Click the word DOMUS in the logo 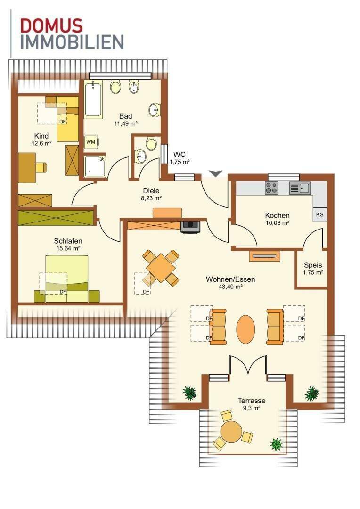click(x=51, y=25)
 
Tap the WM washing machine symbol click(x=91, y=142)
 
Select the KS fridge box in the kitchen click(x=320, y=214)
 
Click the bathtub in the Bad click(x=93, y=99)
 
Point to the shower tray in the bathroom click(x=95, y=166)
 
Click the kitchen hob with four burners click(x=271, y=188)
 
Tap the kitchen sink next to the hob click(x=300, y=188)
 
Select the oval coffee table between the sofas click(x=246, y=328)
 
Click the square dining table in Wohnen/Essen click(x=161, y=268)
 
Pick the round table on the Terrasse click(x=231, y=432)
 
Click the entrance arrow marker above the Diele click(x=215, y=173)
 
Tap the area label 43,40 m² click(x=230, y=287)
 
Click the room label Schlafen click(x=68, y=241)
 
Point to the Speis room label click(x=313, y=265)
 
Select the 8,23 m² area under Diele click(x=151, y=198)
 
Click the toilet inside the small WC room click(x=151, y=143)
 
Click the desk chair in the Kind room click(x=41, y=167)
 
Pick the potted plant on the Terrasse click(x=276, y=444)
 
